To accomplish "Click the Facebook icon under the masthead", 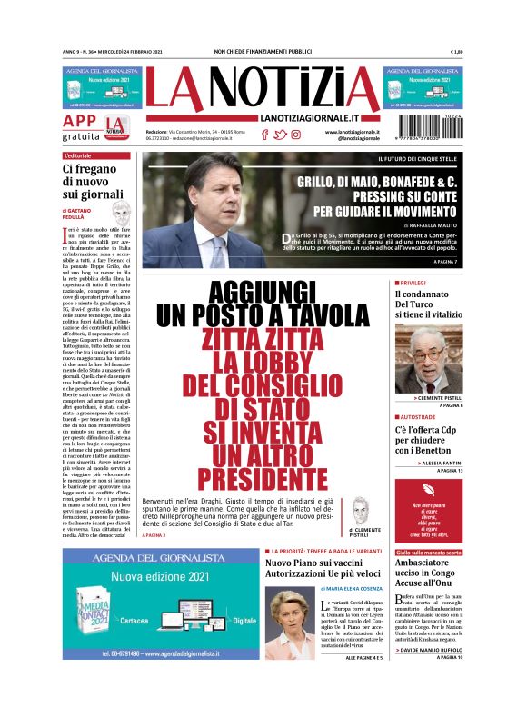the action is tap(265, 135).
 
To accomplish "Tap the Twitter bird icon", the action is tap(280, 135).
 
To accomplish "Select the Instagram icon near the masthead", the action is tap(295, 135).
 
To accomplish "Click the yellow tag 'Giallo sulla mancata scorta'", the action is tap(429, 552).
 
